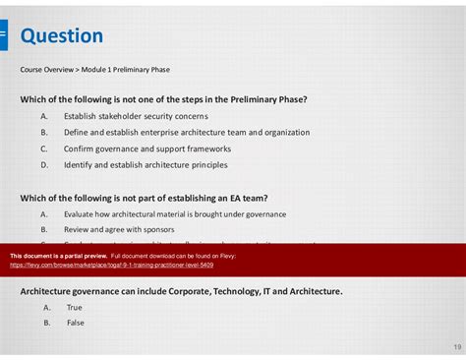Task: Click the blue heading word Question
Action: click(61, 36)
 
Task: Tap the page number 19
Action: click(457, 347)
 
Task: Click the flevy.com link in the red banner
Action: click(111, 265)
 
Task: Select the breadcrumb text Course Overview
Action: click(46, 70)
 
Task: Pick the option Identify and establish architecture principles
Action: click(146, 165)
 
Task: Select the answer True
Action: click(75, 307)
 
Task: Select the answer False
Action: click(76, 323)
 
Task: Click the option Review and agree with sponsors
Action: click(119, 228)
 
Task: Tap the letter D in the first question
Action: click(44, 165)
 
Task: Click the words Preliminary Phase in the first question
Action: click(270, 99)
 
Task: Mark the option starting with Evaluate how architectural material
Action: click(159, 212)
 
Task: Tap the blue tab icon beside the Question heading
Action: click(3, 36)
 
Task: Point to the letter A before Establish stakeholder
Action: click(44, 116)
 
